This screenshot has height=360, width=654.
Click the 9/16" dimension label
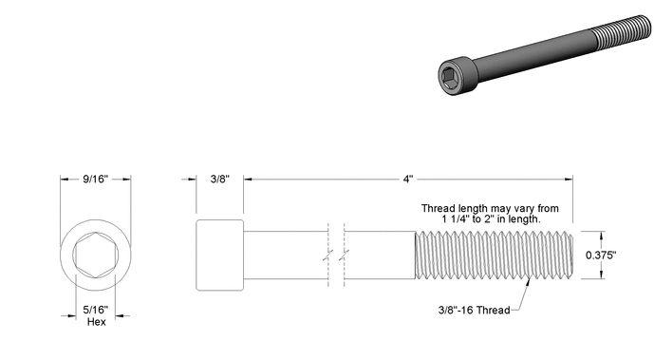(x=96, y=179)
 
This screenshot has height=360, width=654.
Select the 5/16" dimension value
(x=96, y=310)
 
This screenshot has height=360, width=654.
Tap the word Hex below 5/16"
(x=97, y=322)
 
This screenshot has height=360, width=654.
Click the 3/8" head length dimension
(x=220, y=179)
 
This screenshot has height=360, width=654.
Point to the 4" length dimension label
(x=407, y=179)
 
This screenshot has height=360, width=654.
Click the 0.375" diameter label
(x=601, y=255)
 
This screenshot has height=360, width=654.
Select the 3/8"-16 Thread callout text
(x=475, y=310)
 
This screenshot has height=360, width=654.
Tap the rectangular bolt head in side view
(x=220, y=255)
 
